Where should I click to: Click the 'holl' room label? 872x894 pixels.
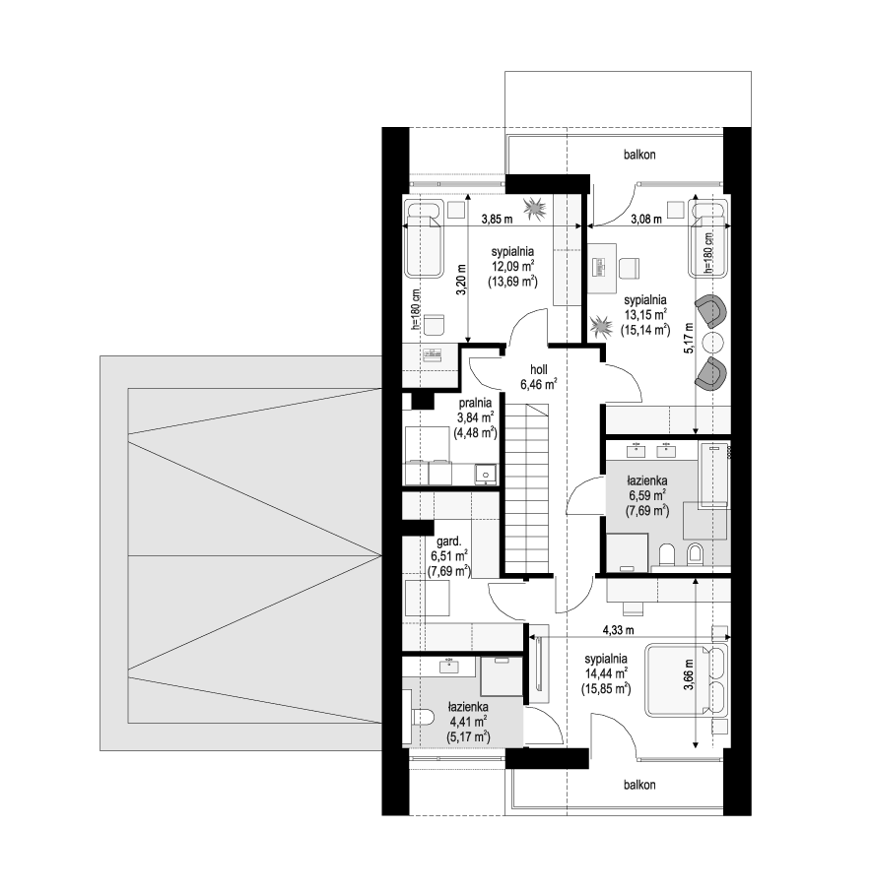click(539, 369)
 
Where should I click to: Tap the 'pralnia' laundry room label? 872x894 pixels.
click(475, 403)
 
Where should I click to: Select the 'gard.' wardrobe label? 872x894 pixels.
click(448, 541)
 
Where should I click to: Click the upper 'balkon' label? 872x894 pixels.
click(639, 155)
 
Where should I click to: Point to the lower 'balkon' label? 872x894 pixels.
click(639, 785)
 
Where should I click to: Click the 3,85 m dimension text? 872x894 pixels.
click(497, 219)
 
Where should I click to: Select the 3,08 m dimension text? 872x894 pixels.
click(646, 219)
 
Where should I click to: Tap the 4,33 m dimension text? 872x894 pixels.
click(618, 630)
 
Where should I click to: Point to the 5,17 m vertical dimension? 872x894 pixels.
click(690, 338)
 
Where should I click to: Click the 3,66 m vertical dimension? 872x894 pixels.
click(690, 675)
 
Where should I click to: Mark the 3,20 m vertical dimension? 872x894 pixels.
click(461, 280)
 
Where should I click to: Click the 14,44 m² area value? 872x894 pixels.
click(606, 673)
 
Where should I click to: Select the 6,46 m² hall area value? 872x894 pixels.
click(539, 384)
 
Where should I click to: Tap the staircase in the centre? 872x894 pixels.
click(527, 488)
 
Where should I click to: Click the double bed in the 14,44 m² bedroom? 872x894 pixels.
click(687, 679)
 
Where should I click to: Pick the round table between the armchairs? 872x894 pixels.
click(712, 344)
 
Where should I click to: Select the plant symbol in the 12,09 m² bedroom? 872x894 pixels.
click(535, 208)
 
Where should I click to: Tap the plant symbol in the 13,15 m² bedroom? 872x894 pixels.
click(600, 328)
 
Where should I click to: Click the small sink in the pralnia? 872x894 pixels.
click(486, 474)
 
